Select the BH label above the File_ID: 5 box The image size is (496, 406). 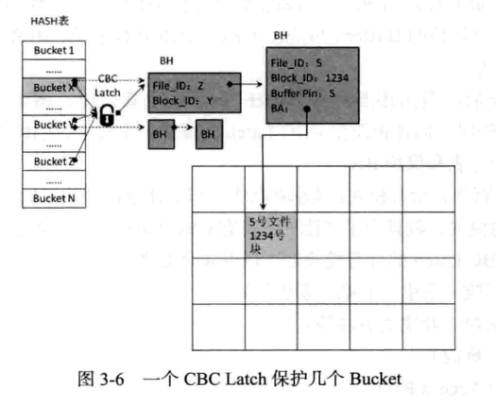(x=281, y=35)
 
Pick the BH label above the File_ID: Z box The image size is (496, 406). (x=167, y=59)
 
